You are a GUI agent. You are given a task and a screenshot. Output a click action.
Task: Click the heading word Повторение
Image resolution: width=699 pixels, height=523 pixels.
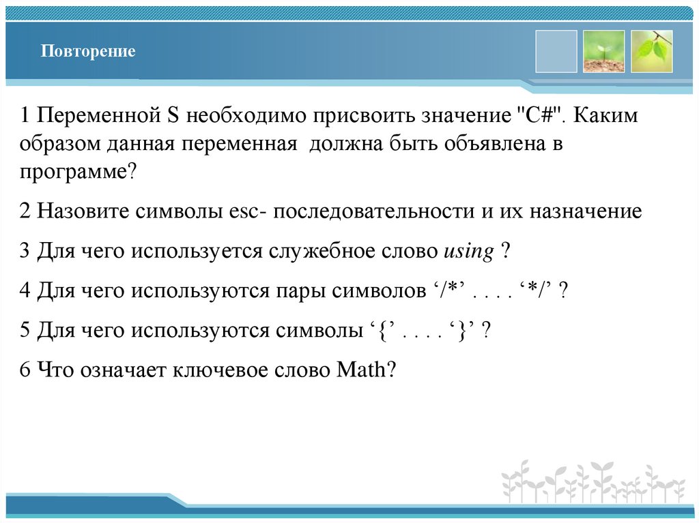(x=87, y=52)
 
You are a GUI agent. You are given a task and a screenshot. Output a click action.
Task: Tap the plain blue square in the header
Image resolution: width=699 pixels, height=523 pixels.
(x=556, y=52)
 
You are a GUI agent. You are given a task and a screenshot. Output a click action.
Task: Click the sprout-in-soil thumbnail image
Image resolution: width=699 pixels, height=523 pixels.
(x=603, y=52)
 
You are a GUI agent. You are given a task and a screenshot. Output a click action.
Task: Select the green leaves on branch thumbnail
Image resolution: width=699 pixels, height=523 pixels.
(x=652, y=52)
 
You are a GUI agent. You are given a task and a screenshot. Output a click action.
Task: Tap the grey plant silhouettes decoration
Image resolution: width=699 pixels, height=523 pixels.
(x=593, y=481)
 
